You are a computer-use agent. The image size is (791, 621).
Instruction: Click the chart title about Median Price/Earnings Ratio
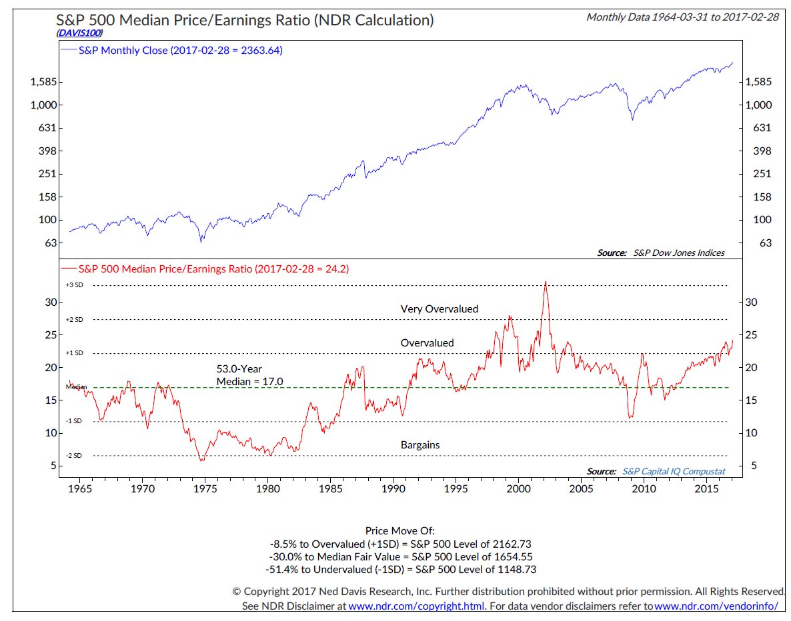[245, 20]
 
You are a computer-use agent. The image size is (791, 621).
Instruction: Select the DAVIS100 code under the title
[79, 32]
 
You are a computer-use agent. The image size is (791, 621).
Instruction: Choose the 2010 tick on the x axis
[644, 489]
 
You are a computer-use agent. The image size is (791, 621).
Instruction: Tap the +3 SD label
[74, 285]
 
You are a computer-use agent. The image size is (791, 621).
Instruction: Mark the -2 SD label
[74, 456]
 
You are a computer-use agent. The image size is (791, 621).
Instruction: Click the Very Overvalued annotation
[440, 309]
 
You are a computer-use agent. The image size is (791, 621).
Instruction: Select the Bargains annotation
[420, 444]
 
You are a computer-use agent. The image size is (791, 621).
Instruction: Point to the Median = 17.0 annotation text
[250, 381]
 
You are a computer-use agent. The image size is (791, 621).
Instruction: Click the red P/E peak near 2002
[546, 282]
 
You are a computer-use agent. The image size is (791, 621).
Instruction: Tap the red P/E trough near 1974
[201, 460]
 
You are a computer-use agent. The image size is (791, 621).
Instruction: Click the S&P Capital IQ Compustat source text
[674, 471]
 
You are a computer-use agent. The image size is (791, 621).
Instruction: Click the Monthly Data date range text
[682, 17]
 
